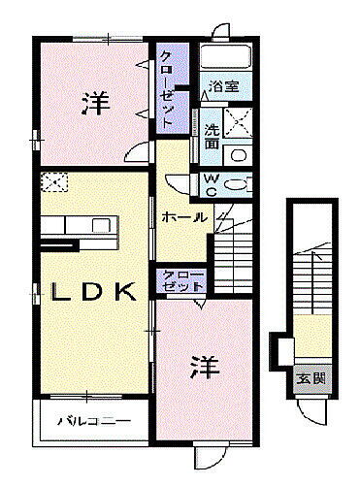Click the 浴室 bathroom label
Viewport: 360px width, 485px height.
[x=226, y=85]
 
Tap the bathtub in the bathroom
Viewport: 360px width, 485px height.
[x=229, y=57]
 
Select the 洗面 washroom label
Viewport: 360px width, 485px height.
[x=212, y=136]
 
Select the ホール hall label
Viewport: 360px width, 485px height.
[x=183, y=217]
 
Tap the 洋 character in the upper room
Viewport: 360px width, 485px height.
[x=94, y=102]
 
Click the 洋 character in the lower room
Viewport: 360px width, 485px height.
[x=201, y=367]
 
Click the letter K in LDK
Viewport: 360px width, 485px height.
[x=125, y=292]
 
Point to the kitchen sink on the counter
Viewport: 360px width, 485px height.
[x=100, y=225]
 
